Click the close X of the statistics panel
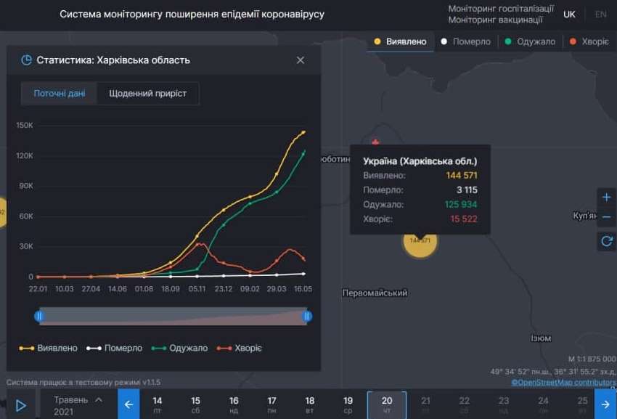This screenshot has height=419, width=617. pyautogui.click(x=301, y=60)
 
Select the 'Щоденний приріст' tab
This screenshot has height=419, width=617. pyautogui.click(x=147, y=94)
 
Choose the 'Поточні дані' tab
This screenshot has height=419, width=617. pyautogui.click(x=60, y=94)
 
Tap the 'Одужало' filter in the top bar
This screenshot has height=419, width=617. pyautogui.click(x=530, y=41)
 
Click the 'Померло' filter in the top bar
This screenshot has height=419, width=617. pyautogui.click(x=466, y=41)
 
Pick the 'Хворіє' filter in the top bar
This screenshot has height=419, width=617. pyautogui.click(x=589, y=41)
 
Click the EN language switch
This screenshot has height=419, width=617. pyautogui.click(x=601, y=15)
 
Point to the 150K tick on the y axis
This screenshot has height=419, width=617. pyautogui.click(x=25, y=125)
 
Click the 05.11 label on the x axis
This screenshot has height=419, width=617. pyautogui.click(x=197, y=288)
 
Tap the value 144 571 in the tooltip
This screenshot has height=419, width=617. pyautogui.click(x=462, y=176)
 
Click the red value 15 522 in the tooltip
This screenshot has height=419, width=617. pyautogui.click(x=464, y=219)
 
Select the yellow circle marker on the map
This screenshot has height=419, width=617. pyautogui.click(x=420, y=240)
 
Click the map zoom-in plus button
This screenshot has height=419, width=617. pyautogui.click(x=607, y=198)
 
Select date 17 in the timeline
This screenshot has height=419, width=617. pyautogui.click(x=271, y=404)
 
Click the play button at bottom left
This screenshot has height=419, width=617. pyautogui.click(x=21, y=405)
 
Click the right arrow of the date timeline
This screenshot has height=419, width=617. pyautogui.click(x=605, y=404)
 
